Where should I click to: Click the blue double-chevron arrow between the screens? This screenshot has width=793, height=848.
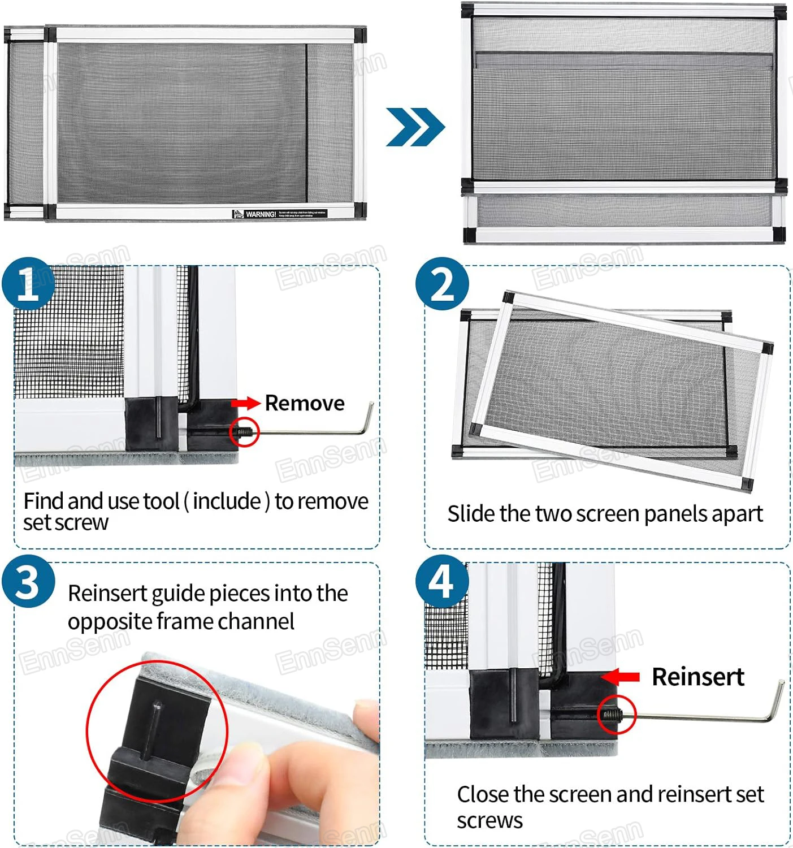tap(415, 127)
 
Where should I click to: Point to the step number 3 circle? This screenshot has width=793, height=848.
tap(28, 582)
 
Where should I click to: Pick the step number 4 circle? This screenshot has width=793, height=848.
tap(442, 582)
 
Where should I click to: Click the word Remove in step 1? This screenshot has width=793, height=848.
tap(305, 403)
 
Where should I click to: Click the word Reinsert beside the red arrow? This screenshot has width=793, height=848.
tap(698, 677)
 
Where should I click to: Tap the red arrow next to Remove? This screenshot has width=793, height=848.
tap(245, 403)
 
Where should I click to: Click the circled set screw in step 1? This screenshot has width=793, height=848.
tap(245, 433)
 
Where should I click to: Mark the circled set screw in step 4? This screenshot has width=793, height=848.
tap(616, 715)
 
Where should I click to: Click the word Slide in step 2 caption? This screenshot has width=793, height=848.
tap(472, 514)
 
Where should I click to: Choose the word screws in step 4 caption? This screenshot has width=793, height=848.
tap(490, 821)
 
